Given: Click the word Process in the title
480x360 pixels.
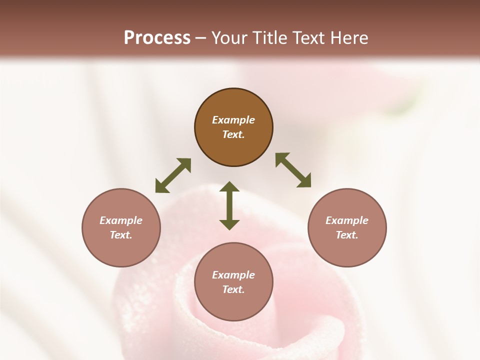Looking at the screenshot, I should click(157, 38).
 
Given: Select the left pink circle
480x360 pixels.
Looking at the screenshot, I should click(121, 250).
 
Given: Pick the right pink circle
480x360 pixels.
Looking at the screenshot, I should click(347, 250).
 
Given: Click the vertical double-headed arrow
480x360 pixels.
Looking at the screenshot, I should click(229, 205).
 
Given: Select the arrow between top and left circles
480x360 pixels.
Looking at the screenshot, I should click(173, 175).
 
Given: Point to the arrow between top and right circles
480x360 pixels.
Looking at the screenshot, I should click(293, 170).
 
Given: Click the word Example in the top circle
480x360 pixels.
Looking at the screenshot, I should click(233, 120).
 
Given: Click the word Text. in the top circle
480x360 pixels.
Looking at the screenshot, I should click(233, 134).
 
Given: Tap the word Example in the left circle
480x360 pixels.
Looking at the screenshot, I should click(121, 220).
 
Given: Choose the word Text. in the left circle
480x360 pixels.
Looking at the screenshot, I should click(121, 235).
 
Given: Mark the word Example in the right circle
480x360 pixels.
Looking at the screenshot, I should click(347, 220).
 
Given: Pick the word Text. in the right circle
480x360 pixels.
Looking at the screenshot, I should click(347, 235).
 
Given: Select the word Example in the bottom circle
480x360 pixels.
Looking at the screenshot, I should click(233, 275).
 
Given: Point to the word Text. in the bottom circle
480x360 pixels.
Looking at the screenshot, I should click(233, 289).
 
